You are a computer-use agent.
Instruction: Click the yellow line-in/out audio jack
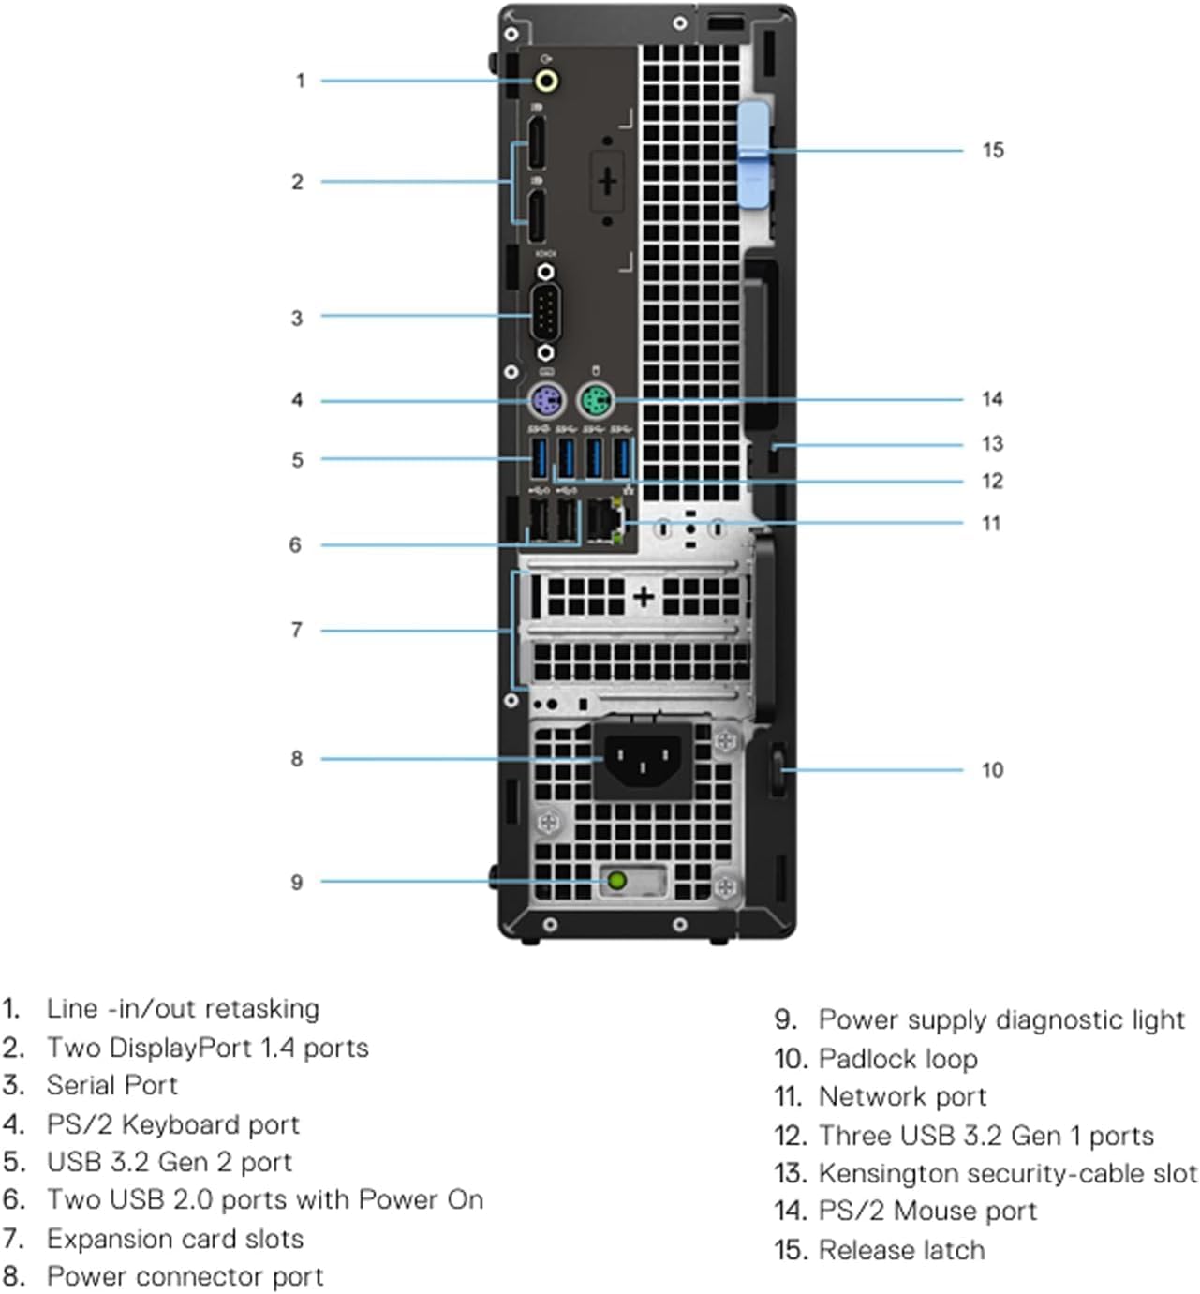click(x=547, y=82)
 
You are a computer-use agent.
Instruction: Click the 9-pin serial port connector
click(x=546, y=313)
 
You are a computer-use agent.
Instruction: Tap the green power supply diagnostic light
click(x=616, y=881)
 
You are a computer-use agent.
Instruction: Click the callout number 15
click(x=993, y=150)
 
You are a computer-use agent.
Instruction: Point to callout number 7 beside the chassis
click(x=296, y=630)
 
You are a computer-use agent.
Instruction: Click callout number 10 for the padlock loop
click(x=992, y=770)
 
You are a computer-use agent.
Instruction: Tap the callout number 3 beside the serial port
click(x=296, y=318)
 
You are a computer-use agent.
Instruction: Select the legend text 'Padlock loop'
click(x=897, y=1059)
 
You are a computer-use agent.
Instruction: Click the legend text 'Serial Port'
click(x=111, y=1085)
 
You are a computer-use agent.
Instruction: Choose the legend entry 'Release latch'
click(x=901, y=1250)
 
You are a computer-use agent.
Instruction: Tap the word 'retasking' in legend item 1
click(x=261, y=1008)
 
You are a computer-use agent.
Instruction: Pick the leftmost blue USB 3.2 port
click(x=539, y=458)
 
